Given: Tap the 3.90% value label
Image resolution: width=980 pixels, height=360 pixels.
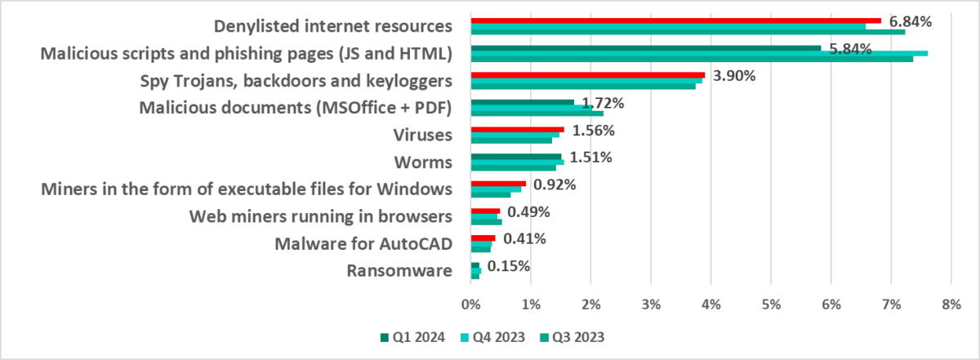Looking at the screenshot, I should (735, 76).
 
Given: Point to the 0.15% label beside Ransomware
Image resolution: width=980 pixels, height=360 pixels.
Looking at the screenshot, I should (509, 266).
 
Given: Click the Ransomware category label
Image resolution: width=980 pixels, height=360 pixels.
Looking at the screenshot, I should (399, 271).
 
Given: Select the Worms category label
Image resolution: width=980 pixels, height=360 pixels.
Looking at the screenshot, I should (425, 162).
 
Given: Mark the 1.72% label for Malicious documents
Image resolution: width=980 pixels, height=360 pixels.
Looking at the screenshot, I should (603, 104).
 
